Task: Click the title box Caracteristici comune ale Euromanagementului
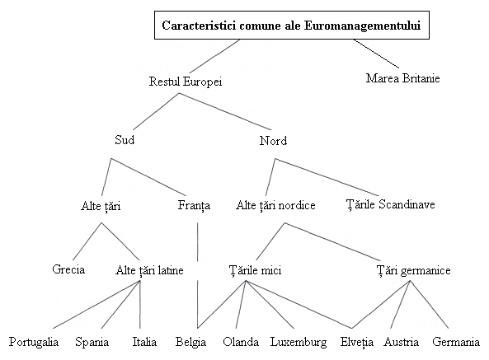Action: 292,26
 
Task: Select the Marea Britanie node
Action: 403,78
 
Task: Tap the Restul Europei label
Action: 186,82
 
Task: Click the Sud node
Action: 125,140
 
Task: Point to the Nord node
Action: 273,141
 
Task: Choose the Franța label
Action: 194,205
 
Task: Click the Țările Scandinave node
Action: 390,204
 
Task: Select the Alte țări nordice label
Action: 275,205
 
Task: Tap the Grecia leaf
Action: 68,269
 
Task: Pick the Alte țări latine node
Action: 149,270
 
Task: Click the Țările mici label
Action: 255,270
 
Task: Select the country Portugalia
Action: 34,342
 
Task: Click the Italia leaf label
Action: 144,342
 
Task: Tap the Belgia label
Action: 190,342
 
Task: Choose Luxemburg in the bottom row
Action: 299,342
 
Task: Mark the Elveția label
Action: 357,342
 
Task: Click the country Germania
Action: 456,342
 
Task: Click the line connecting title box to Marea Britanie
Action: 376,54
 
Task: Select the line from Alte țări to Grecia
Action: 87,241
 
